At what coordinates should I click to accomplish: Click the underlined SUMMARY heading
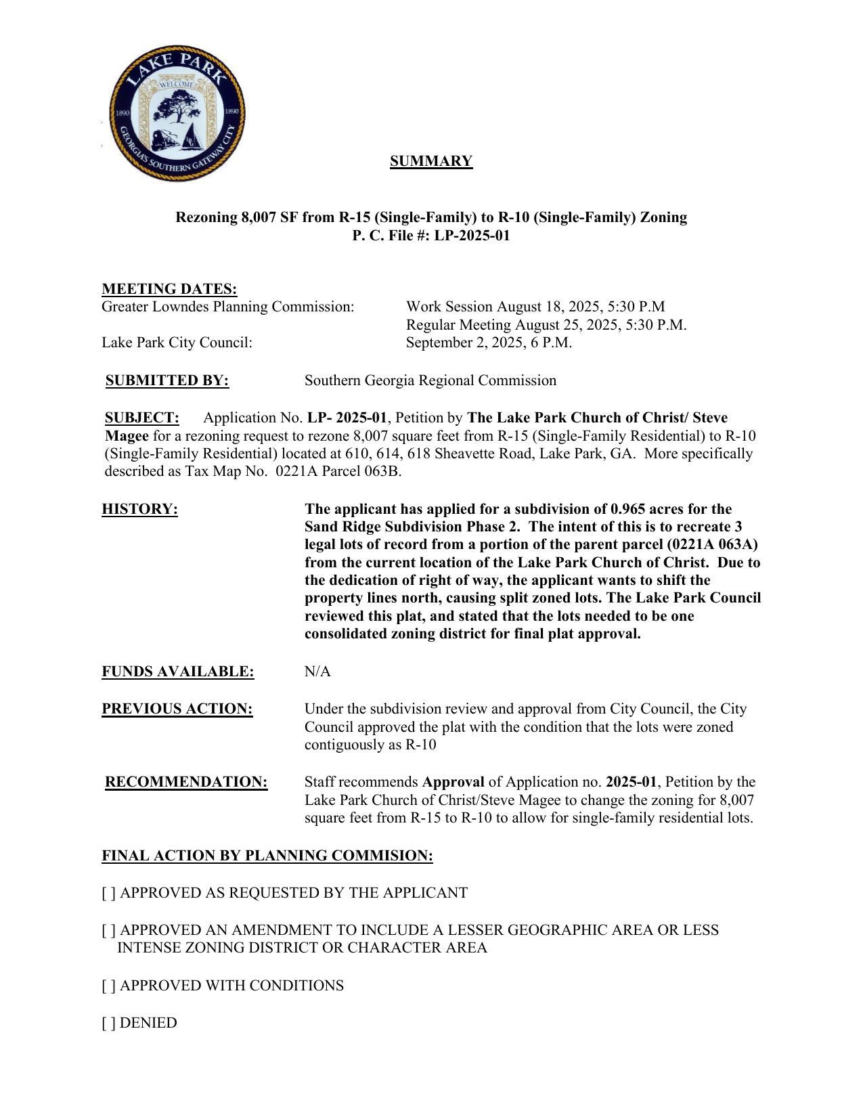coord(430,161)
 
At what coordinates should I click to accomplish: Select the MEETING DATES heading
coord(169,289)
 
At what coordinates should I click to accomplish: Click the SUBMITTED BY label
coord(167,380)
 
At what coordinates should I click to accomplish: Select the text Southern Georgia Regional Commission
coord(430,380)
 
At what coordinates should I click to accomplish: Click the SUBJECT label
coord(142,418)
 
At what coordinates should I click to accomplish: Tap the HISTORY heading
coord(139,509)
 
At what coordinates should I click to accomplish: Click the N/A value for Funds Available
coord(317,672)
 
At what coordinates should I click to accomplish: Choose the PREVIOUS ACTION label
coord(177,709)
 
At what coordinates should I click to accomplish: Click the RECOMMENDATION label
coord(186,782)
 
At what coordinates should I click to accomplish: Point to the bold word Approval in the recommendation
coord(453,782)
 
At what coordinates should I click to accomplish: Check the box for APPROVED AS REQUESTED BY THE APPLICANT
coord(108,893)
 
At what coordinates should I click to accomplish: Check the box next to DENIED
coord(108,1023)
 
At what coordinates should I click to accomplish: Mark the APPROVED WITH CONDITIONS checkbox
coord(108,986)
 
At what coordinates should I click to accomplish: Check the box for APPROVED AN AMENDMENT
coord(108,930)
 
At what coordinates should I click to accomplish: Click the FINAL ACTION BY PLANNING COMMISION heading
coord(267,856)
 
